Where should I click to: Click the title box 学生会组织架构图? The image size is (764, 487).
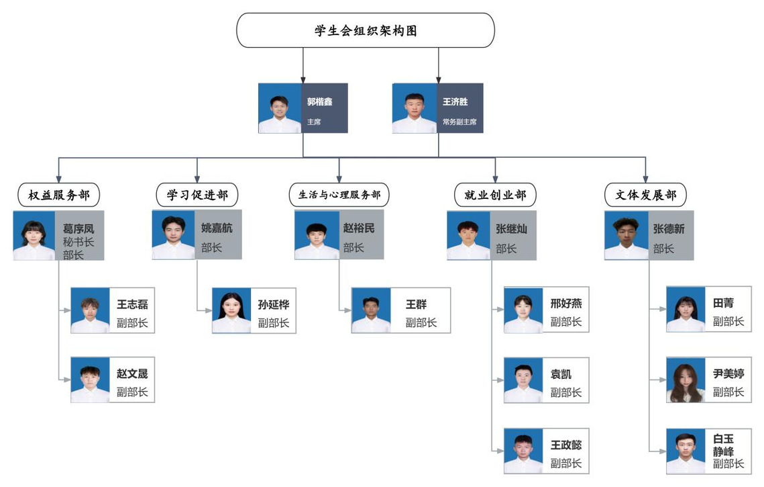point(366,30)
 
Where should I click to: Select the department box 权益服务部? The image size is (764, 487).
point(59,195)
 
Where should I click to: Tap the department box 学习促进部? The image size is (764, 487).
point(197,195)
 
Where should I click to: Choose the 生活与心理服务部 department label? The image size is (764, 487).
point(339,195)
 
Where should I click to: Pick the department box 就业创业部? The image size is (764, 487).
point(495,195)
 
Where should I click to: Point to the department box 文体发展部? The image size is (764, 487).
point(645,195)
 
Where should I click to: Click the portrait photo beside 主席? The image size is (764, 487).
point(280,108)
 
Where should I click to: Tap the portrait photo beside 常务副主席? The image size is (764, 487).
point(414,108)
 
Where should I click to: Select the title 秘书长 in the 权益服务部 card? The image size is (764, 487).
point(78,242)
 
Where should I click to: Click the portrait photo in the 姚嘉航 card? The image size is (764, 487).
point(174,235)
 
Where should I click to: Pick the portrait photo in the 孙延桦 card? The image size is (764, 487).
point(231,310)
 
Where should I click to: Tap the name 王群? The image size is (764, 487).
point(416,304)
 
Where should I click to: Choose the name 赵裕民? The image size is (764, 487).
point(359,229)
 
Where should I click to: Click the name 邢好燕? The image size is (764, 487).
point(566,304)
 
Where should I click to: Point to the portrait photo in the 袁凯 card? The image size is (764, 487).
point(523,380)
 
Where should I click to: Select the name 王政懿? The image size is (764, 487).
point(566,445)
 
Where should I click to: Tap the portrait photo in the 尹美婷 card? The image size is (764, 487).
point(685,380)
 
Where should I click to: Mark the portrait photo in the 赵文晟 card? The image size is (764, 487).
point(90,380)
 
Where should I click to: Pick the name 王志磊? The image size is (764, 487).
point(132,304)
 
